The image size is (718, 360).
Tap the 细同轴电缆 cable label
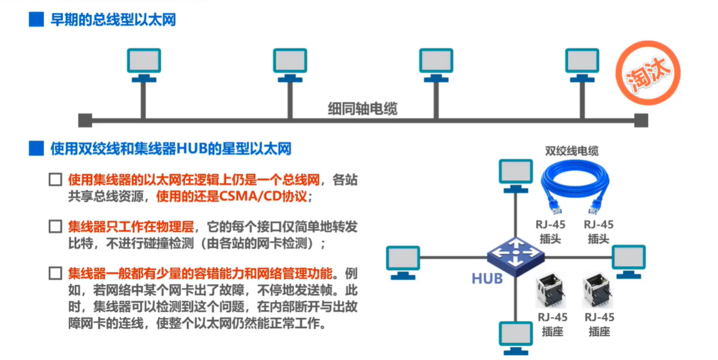362,109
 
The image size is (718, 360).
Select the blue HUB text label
487,277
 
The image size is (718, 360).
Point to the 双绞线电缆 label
572,151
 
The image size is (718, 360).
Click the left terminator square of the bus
85,120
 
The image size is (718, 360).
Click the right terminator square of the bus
641,120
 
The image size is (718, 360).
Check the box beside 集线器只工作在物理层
55,227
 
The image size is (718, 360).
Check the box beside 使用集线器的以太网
55,181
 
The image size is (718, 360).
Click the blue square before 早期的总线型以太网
36,20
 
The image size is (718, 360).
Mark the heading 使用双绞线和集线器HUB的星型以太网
171,148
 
